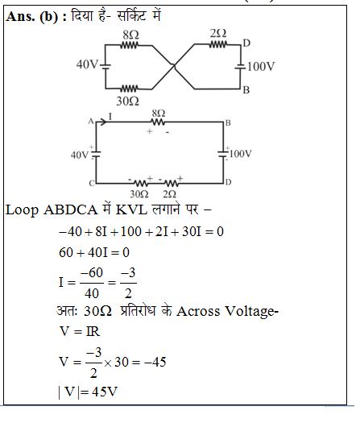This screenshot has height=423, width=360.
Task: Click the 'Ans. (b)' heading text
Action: [32, 17]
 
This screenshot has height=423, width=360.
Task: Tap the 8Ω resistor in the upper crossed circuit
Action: [130, 45]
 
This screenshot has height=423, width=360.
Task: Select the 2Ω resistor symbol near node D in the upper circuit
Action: [217, 44]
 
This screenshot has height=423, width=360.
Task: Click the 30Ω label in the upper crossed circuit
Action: [127, 102]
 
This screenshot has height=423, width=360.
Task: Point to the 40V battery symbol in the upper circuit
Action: [105, 66]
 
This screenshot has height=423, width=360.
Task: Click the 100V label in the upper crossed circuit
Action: [261, 66]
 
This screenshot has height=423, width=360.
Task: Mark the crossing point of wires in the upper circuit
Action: [174, 65]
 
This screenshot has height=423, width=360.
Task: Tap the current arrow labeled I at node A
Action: [101, 122]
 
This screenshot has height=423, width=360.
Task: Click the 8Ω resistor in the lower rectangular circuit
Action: [159, 122]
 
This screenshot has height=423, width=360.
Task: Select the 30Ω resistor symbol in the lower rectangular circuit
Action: [141, 184]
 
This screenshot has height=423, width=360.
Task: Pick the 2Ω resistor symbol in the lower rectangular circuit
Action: [171, 184]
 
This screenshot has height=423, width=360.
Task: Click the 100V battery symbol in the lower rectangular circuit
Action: [223, 154]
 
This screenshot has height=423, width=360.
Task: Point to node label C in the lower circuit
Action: [92, 184]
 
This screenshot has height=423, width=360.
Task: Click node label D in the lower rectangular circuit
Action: [228, 183]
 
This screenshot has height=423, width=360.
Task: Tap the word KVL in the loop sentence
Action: [131, 209]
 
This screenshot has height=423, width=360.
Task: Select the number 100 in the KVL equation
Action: [130, 232]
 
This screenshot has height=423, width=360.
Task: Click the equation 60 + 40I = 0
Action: [94, 253]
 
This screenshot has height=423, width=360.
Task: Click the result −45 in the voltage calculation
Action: [155, 363]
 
